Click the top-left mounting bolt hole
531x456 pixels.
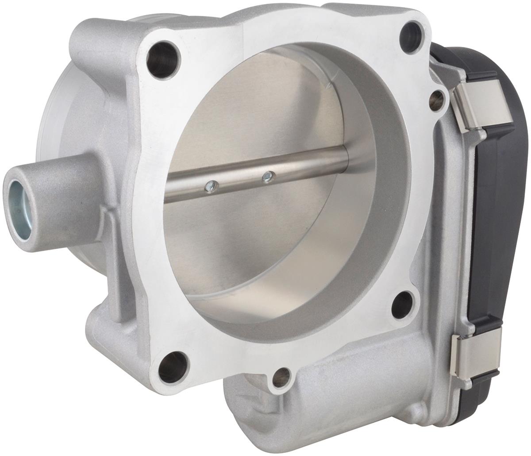pos(162,60)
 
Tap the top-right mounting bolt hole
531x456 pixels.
pos(412,37)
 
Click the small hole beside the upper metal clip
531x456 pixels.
pos(437,100)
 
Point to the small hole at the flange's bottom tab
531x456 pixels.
pos(281,377)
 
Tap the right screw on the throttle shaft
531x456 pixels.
pos(267,177)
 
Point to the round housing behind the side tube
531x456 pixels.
pos(71,120)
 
